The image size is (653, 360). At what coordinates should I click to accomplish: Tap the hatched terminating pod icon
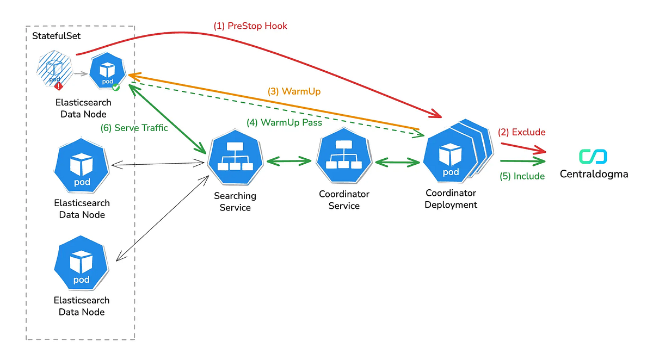(54, 71)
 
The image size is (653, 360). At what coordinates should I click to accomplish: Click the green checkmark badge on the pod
(115, 86)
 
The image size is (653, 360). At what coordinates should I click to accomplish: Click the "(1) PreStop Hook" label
(250, 26)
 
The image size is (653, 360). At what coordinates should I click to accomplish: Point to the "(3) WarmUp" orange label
(294, 91)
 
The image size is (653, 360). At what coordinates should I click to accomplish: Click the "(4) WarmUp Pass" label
(284, 122)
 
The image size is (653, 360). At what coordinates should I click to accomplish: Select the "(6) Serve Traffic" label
(134, 128)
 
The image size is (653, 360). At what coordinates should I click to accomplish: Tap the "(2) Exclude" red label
(521, 132)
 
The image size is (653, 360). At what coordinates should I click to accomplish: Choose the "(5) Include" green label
(522, 176)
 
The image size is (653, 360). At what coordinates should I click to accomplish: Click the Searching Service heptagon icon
(235, 160)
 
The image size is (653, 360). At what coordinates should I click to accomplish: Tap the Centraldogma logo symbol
(593, 157)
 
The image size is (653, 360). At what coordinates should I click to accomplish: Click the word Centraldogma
(594, 175)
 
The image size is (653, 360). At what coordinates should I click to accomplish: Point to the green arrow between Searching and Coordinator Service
(288, 161)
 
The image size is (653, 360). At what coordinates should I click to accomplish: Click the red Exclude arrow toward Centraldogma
(522, 147)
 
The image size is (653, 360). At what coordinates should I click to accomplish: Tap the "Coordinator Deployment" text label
(451, 199)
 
